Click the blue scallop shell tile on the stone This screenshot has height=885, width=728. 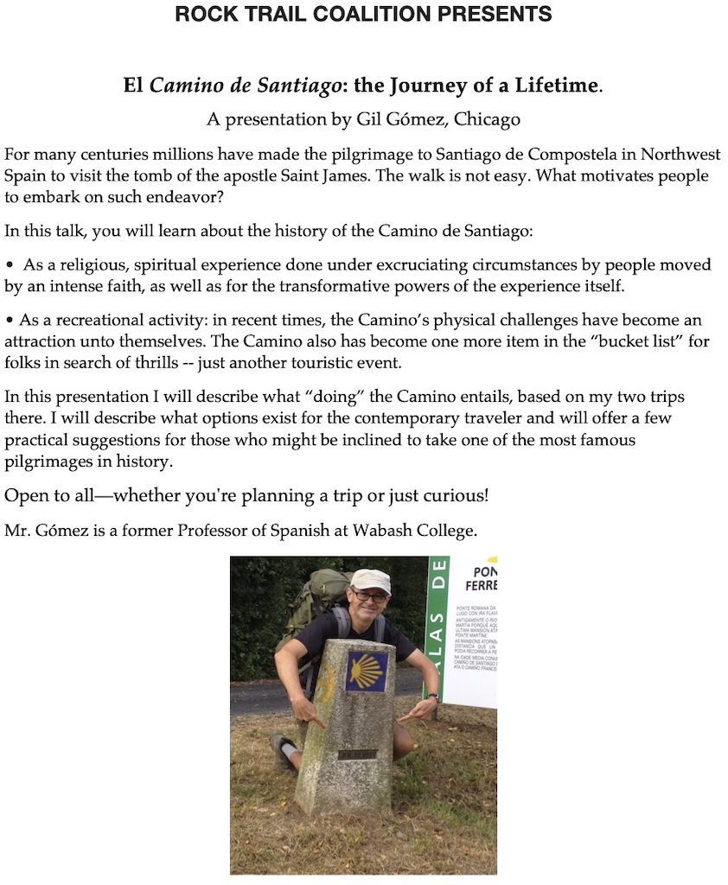[367, 672]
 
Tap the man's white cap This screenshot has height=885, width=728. [369, 580]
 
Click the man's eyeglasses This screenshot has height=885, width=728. [370, 596]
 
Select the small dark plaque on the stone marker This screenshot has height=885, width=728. [356, 754]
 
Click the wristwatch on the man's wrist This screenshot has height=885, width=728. [432, 697]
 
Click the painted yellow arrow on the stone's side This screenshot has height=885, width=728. [326, 683]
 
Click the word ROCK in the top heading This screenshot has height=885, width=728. [201, 14]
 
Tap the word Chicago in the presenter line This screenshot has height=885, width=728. [488, 118]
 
